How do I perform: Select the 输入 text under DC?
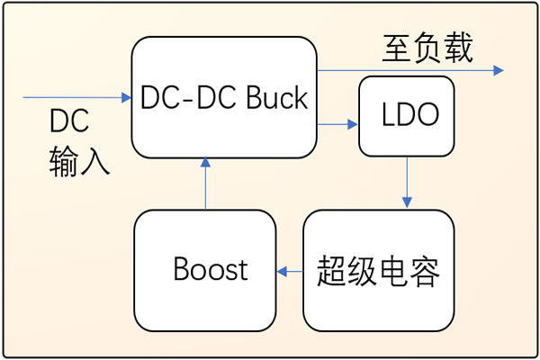tap(79, 161)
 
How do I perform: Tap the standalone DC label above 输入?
tap(68, 122)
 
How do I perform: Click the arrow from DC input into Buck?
tap(76, 97)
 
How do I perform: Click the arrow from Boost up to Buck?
tap(205, 184)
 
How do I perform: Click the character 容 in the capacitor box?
tap(424, 270)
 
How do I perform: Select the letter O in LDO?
tap(427, 116)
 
